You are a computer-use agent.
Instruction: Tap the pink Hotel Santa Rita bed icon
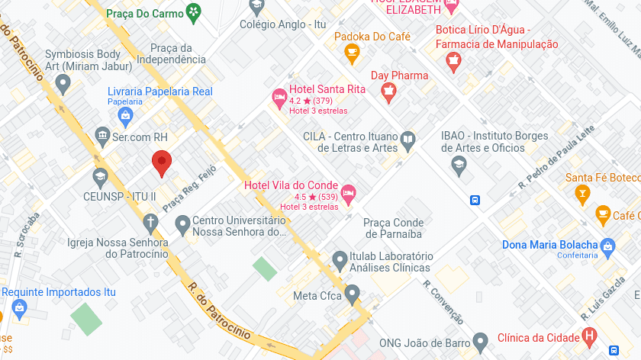tap(279, 96)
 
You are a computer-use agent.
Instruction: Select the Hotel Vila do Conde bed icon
tap(348, 192)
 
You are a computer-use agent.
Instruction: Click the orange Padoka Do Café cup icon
tap(352, 53)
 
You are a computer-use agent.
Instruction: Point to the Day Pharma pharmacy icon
tap(389, 92)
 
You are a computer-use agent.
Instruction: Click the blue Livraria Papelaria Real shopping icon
tap(126, 116)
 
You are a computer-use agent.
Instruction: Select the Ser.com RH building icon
tap(101, 137)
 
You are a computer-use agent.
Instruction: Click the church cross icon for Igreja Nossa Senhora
tap(150, 223)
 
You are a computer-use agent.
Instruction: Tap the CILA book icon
tap(408, 141)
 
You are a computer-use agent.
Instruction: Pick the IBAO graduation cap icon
tap(459, 164)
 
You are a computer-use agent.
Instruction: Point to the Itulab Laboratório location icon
tap(340, 262)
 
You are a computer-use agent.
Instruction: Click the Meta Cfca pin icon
tap(352, 293)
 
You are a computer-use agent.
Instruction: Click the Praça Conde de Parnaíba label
tap(392, 228)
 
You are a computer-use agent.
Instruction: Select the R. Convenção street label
tap(443, 302)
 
